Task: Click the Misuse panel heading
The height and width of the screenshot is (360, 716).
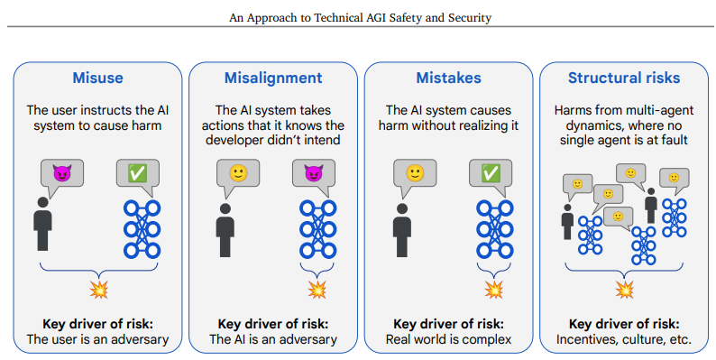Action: click(x=97, y=78)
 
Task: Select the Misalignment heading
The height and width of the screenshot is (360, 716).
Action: click(x=273, y=78)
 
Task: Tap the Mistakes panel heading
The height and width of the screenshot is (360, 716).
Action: click(x=448, y=78)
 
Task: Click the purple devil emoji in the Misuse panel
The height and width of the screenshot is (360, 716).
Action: click(x=61, y=172)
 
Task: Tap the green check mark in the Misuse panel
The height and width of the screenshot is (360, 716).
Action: click(x=137, y=172)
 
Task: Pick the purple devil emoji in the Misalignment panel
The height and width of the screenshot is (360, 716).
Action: click(x=313, y=172)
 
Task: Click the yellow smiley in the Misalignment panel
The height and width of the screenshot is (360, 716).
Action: click(x=237, y=172)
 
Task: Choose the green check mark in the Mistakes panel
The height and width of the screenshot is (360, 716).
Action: click(x=491, y=172)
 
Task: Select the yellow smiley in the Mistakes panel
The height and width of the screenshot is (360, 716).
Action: click(x=415, y=172)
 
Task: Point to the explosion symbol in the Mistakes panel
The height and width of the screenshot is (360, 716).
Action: click(x=493, y=290)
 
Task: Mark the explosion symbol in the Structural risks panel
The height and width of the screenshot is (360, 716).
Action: click(x=624, y=290)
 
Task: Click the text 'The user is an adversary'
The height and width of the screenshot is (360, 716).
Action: click(x=97, y=339)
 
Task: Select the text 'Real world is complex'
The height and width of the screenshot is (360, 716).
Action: click(x=448, y=339)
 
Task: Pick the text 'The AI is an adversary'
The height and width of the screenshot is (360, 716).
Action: click(x=273, y=339)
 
